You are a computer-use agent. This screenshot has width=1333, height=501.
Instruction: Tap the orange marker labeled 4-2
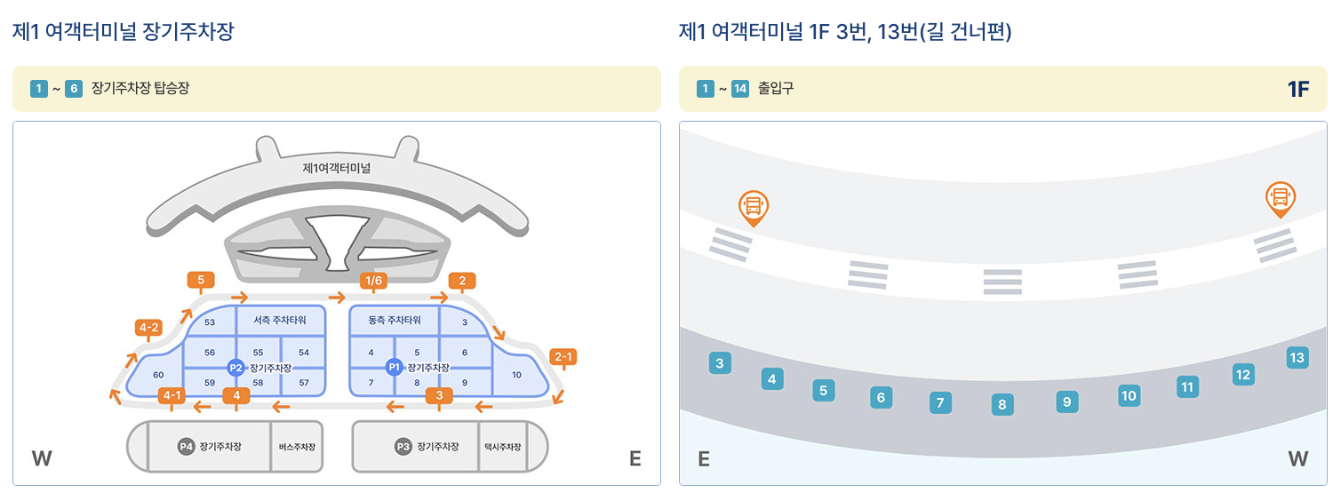[x=148, y=328]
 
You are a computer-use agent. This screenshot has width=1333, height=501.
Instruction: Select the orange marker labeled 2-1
[x=563, y=357]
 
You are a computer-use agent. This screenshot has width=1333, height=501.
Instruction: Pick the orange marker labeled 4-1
[x=171, y=395]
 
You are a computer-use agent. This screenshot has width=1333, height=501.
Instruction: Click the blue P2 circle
[x=235, y=367]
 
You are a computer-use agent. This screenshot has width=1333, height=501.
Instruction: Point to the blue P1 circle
[x=394, y=367]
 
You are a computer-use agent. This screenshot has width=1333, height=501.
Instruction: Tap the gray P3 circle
[x=403, y=447]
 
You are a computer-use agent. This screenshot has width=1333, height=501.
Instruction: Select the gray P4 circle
[x=186, y=447]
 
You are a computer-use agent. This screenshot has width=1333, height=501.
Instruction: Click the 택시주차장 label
[x=502, y=447]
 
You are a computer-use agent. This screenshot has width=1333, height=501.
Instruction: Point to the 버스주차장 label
[x=296, y=447]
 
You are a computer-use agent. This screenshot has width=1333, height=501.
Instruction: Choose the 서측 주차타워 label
[x=280, y=321]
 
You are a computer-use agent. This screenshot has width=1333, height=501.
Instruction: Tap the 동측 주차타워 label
[x=395, y=321]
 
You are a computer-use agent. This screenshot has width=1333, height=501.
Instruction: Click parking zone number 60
[x=158, y=375]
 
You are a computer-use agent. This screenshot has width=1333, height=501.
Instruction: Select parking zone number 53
[x=210, y=322]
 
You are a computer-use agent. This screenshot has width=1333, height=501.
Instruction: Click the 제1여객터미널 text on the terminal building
[x=336, y=167]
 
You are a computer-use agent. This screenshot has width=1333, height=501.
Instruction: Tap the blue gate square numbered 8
[x=1002, y=405]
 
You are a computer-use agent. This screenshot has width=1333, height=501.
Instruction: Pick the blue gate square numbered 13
[x=1297, y=358]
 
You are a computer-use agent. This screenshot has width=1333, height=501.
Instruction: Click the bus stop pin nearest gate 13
[x=1281, y=199]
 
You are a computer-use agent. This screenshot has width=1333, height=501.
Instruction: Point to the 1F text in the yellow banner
[x=1298, y=89]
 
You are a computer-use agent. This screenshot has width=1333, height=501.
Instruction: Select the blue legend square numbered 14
[x=740, y=89]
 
